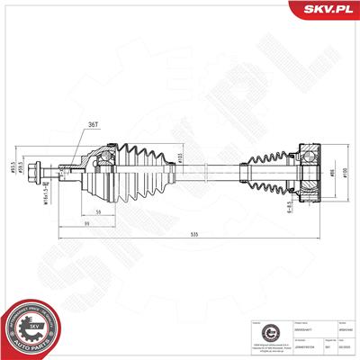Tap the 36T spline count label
pyautogui.click(x=92, y=126)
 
